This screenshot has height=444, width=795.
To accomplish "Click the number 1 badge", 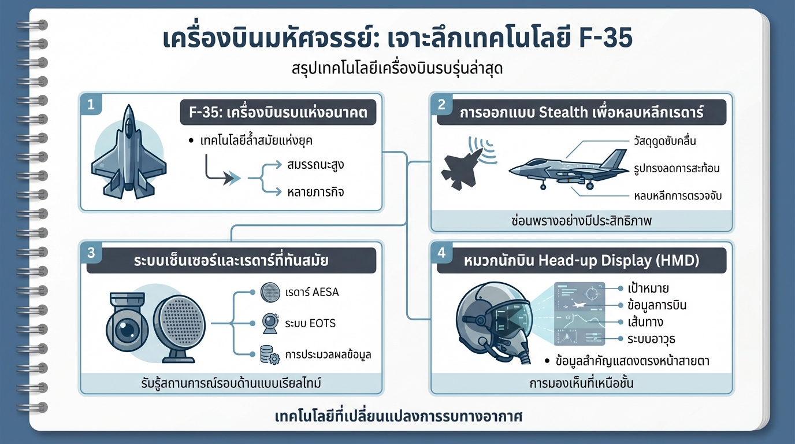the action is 90,105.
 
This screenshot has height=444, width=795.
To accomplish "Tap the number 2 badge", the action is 441,105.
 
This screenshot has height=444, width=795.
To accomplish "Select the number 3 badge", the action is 90,253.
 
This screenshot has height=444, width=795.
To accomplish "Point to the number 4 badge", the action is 441,253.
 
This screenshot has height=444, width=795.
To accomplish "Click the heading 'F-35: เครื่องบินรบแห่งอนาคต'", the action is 278,112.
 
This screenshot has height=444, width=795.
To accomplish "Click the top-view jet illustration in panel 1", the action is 129,152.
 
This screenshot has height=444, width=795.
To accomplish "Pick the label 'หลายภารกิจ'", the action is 315,191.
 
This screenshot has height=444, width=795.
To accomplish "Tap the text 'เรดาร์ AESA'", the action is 311,292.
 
